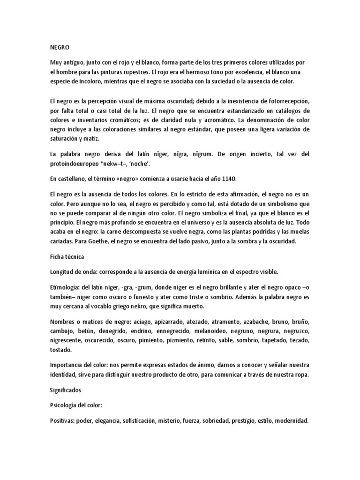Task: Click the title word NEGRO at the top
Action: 60,47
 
